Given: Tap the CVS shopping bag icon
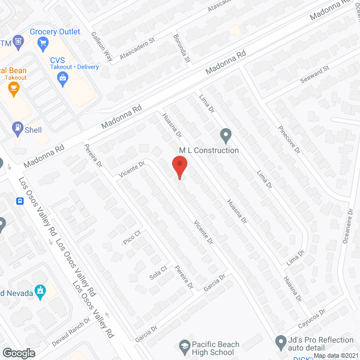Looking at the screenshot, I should (63, 78).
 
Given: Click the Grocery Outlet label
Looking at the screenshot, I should (55, 31).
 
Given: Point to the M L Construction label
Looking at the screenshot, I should (209, 150).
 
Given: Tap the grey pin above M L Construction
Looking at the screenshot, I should (226, 136).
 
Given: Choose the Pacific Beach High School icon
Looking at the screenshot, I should (184, 345).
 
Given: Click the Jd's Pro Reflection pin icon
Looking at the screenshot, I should (281, 341).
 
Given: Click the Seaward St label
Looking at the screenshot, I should (314, 73).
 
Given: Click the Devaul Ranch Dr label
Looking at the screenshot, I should (72, 331).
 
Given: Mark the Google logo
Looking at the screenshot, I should (19, 353).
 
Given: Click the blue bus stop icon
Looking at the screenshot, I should (20, 201).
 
